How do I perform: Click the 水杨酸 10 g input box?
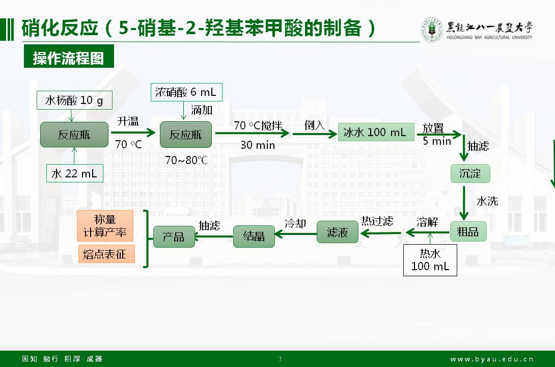[x=74, y=100]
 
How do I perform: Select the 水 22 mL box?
[x=74, y=173]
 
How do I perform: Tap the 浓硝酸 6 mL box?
[x=186, y=92]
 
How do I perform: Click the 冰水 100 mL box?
[x=375, y=133]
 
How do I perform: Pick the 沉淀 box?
[x=470, y=173]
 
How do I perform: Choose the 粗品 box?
[x=468, y=231]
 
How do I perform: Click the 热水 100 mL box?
[x=430, y=260]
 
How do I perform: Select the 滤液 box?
[x=338, y=232]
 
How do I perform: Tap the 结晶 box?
[x=254, y=237]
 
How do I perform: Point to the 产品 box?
[x=174, y=237]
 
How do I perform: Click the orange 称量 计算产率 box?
[x=105, y=226]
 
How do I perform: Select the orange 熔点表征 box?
[x=106, y=254]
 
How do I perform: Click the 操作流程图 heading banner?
[x=68, y=58]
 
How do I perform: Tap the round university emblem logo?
[x=431, y=30]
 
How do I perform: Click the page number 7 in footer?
[x=280, y=359]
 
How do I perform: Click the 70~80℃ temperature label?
[x=186, y=160]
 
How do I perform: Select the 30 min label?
[x=258, y=145]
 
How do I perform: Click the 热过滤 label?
[x=377, y=221]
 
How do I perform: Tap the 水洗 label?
[x=487, y=201]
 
